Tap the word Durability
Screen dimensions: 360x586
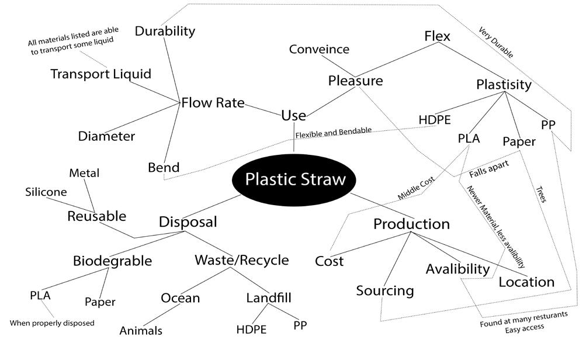tap(165, 31)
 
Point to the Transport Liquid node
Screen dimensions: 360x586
tap(100, 74)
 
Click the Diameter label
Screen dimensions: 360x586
tap(106, 136)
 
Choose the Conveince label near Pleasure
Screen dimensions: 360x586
tap(319, 49)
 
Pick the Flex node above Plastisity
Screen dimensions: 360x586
tap(437, 36)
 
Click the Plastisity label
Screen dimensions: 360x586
tap(504, 85)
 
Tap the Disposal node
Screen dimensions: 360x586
tap(188, 222)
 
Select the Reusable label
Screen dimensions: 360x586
tap(96, 216)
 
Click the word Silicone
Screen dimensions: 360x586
tap(46, 192)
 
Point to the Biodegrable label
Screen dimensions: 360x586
tap(112, 261)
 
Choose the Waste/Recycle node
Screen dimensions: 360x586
tap(241, 259)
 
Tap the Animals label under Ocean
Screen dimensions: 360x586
tap(141, 331)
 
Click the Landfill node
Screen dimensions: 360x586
tap(269, 298)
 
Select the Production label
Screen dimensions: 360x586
tap(411, 224)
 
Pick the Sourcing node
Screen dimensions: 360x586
tap(385, 290)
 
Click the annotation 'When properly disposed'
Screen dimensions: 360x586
tap(52, 323)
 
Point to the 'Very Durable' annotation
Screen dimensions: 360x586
tap(496, 43)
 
